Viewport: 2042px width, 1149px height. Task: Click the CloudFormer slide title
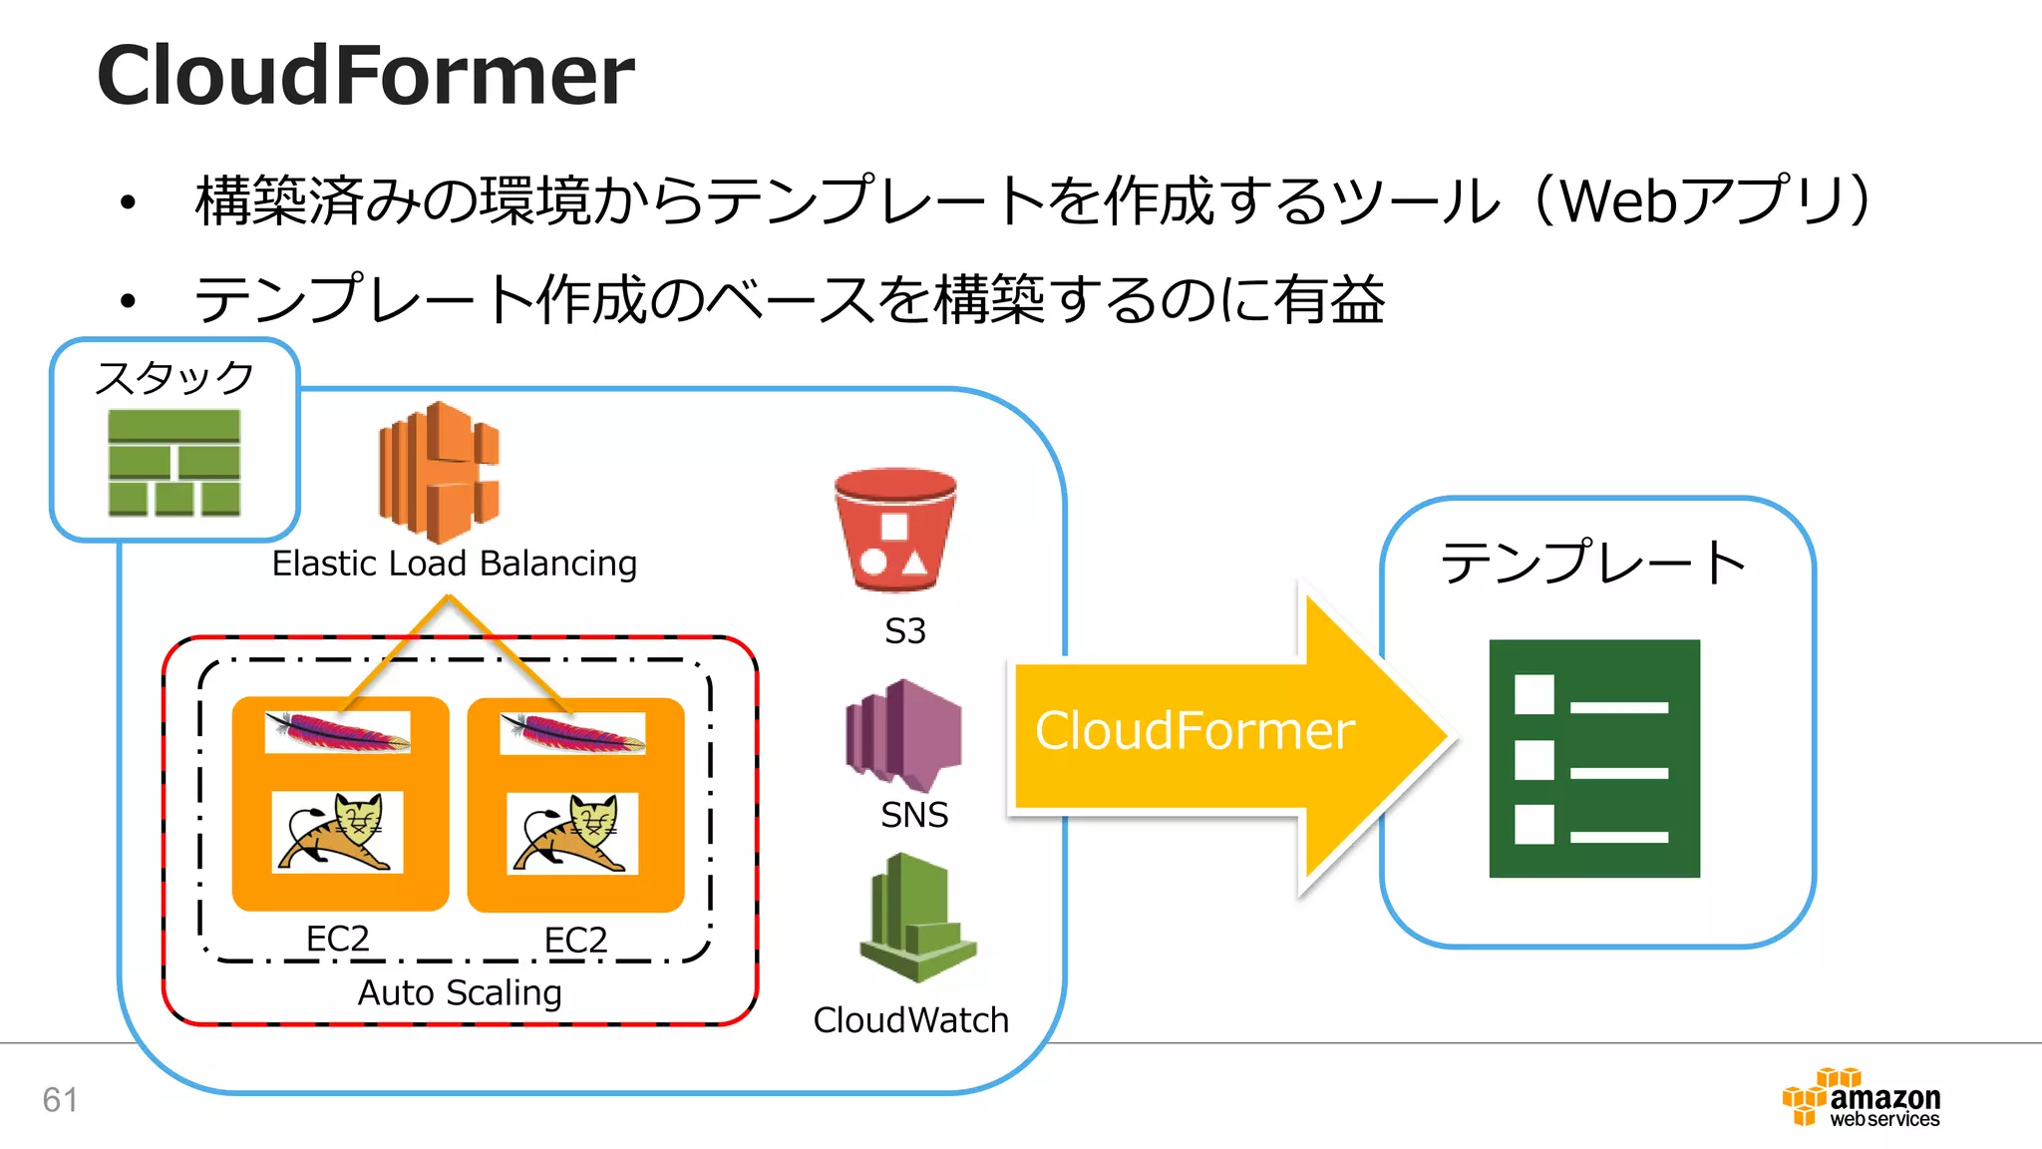365,76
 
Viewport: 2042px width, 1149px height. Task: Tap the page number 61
60,1100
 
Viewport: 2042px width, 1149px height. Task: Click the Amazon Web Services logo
1861,1098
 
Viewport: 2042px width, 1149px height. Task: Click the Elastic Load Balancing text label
454,564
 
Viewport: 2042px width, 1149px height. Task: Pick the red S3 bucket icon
894,530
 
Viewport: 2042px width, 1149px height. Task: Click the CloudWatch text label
910,1020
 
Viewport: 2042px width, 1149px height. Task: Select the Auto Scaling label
460,992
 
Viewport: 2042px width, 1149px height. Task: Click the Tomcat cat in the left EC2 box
337,832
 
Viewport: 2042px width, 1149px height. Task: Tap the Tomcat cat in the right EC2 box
572,833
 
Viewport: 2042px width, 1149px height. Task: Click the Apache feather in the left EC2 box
337,733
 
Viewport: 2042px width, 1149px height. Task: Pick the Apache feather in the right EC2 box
572,734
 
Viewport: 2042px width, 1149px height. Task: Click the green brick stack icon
174,463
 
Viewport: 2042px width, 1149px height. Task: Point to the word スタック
174,378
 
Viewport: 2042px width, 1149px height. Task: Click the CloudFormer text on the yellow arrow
1194,731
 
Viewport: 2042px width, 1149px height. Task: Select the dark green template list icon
1593,758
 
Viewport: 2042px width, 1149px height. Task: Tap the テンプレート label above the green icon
1592,563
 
